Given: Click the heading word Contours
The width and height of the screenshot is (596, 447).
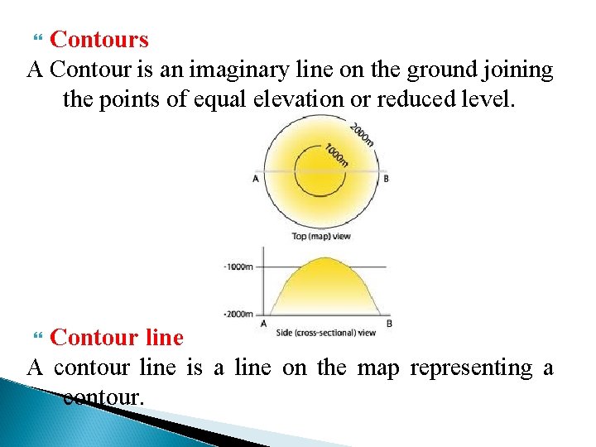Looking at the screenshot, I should [99, 40].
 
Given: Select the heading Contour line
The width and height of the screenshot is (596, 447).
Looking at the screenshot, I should [117, 338].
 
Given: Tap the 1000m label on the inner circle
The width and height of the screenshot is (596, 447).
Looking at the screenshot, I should [336, 156].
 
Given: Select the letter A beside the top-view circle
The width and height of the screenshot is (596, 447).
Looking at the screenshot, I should [255, 178].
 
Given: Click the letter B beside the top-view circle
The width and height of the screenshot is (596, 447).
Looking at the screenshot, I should [386, 178].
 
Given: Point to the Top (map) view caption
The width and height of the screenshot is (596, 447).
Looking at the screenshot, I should [321, 237].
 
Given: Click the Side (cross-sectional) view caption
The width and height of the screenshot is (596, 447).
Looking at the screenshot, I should [326, 333].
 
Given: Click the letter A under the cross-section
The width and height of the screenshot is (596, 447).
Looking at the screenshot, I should [263, 324].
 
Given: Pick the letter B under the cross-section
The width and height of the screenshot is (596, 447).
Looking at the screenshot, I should [389, 324].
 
